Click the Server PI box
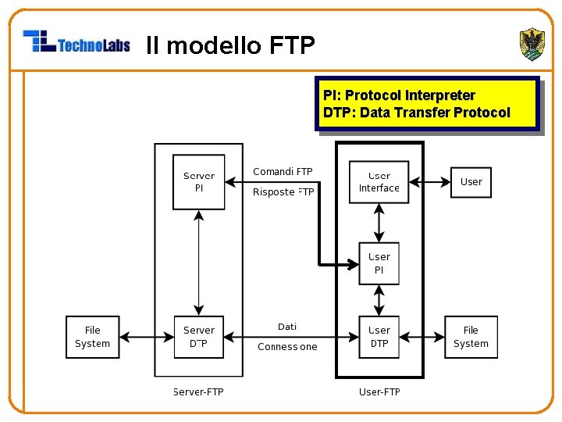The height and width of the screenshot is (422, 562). [199, 182]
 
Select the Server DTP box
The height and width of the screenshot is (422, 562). [199, 337]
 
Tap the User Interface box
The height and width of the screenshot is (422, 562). [379, 182]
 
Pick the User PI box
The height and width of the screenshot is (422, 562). [379, 263]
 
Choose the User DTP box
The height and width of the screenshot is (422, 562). [379, 337]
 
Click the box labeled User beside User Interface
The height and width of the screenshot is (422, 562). [471, 182]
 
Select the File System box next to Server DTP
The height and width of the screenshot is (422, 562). [92, 337]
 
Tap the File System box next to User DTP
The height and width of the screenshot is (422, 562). [471, 337]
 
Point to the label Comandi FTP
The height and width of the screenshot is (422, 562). [283, 171]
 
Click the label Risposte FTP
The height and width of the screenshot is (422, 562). [283, 192]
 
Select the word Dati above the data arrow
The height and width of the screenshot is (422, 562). [287, 327]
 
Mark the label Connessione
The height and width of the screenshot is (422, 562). [287, 347]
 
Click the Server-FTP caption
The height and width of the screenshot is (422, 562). [198, 392]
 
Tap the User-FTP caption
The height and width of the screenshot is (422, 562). [379, 392]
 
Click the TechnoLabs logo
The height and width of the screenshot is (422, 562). [76, 41]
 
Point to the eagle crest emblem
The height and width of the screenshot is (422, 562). [532, 44]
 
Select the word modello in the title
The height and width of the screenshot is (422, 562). [214, 45]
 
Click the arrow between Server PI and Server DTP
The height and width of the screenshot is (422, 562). [199, 263]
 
